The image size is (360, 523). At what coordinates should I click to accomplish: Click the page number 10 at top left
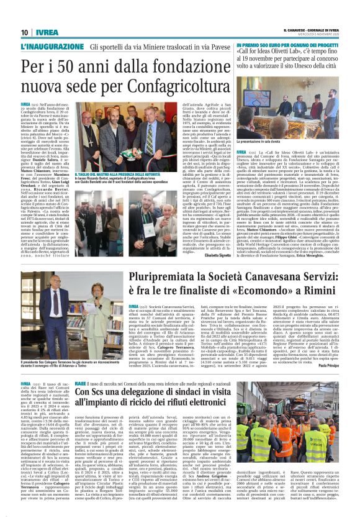24,32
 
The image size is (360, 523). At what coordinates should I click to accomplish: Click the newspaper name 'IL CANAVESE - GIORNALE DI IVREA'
310,29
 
